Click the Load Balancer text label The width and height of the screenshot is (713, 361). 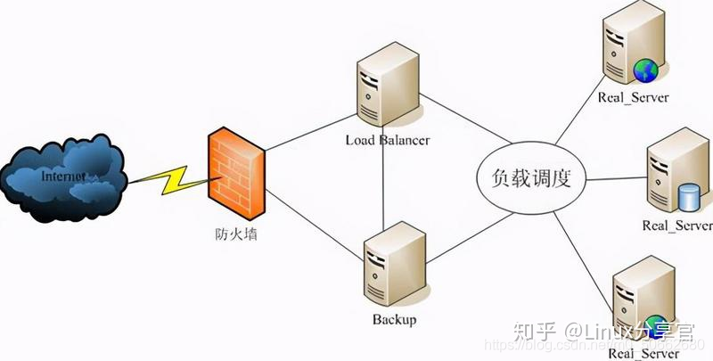pos(388,140)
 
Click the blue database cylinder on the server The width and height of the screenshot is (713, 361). pos(687,195)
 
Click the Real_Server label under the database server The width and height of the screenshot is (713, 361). pos(677,226)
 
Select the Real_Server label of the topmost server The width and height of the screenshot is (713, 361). pos(635,96)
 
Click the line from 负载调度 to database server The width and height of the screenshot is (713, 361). pos(615,178)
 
